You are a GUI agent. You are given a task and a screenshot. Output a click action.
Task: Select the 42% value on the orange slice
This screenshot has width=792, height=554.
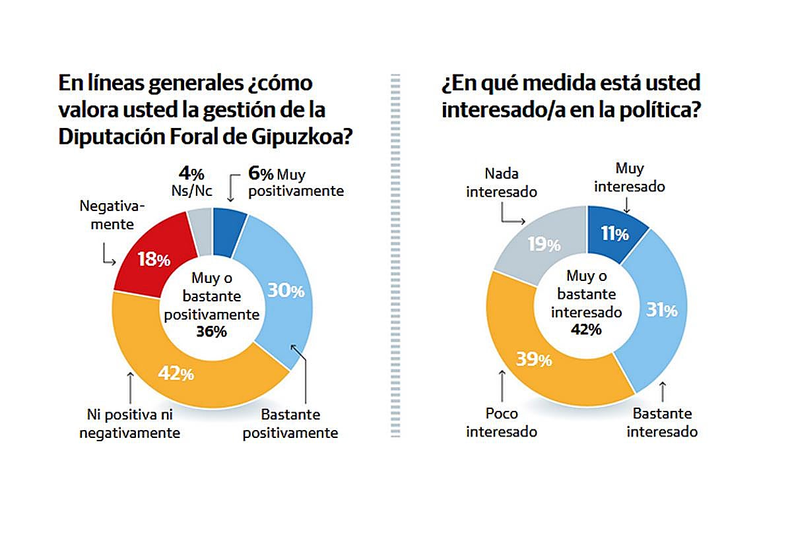coord(176,373)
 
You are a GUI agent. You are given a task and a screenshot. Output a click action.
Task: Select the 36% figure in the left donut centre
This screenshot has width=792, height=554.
coord(211,332)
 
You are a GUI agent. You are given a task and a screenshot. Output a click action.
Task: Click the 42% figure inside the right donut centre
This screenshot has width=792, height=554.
coord(586,329)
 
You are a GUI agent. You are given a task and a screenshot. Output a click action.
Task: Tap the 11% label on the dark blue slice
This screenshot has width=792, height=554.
coord(613,233)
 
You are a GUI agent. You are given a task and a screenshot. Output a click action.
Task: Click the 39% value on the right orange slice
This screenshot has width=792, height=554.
coord(535,359)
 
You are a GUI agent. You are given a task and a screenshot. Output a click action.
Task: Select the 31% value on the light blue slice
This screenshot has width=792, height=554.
coord(661,310)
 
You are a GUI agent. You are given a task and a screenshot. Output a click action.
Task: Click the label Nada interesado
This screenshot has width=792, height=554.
coord(502,183)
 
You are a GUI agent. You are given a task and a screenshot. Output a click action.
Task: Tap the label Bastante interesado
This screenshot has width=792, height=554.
coord(662,423)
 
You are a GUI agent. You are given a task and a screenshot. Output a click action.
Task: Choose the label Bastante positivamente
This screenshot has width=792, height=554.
coord(290,424)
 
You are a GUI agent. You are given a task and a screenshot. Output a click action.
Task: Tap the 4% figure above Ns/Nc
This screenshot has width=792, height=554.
coord(191,174)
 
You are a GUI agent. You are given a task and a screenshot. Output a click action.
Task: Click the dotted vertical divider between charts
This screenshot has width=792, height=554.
coord(396,264)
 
